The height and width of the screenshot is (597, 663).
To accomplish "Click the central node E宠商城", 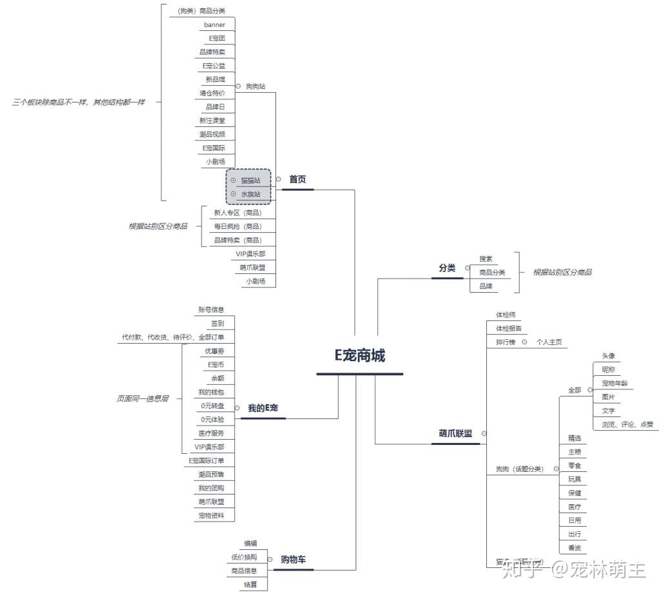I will click(359, 355).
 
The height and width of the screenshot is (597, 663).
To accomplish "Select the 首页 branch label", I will click(297, 179).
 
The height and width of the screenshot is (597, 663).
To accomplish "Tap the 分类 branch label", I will click(447, 268).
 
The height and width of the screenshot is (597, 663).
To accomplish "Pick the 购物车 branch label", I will click(293, 559).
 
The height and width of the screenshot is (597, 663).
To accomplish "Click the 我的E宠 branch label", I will click(263, 408).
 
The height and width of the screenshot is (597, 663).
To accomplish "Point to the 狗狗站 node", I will click(255, 86).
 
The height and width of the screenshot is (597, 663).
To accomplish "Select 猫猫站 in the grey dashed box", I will click(251, 181).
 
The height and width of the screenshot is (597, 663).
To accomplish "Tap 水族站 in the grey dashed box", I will click(251, 193).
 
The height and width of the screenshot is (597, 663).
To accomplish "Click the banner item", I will click(215, 24).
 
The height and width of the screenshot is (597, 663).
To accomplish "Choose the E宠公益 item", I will click(213, 66).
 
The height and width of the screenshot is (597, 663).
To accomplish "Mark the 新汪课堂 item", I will click(212, 121).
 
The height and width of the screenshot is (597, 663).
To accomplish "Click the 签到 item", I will click(217, 323).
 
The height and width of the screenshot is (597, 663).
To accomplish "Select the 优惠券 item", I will click(214, 351).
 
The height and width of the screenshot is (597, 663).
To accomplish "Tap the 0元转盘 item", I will click(212, 406).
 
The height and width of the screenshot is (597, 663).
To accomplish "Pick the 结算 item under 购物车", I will click(250, 584).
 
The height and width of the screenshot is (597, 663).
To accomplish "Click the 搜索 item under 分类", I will click(486, 259).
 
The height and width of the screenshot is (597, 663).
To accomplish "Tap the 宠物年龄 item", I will click(615, 383).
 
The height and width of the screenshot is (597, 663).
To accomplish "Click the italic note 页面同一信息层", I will click(143, 398).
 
